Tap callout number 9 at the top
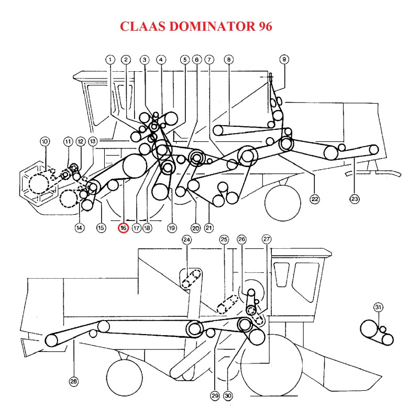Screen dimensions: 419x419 pyautogui.click(x=284, y=59)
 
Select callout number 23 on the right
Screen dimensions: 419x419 pyautogui.click(x=355, y=199)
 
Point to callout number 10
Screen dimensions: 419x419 pyautogui.click(x=44, y=141)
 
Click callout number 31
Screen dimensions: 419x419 pyautogui.click(x=379, y=307)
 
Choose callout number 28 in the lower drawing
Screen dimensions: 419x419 pyautogui.click(x=73, y=382)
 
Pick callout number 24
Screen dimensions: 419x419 pyautogui.click(x=187, y=240)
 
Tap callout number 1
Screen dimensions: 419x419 pyautogui.click(x=110, y=60)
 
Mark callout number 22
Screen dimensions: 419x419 pyautogui.click(x=315, y=199)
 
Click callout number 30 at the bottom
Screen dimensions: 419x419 pyautogui.click(x=228, y=396)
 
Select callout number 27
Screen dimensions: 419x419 pyautogui.click(x=267, y=240)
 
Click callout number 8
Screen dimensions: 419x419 pyautogui.click(x=228, y=60)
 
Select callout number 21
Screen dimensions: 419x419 pyautogui.click(x=208, y=228)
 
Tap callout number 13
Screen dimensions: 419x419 pyautogui.click(x=93, y=141)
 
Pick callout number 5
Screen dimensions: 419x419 pyautogui.click(x=184, y=60)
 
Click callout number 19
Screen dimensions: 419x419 pyautogui.click(x=171, y=228)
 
